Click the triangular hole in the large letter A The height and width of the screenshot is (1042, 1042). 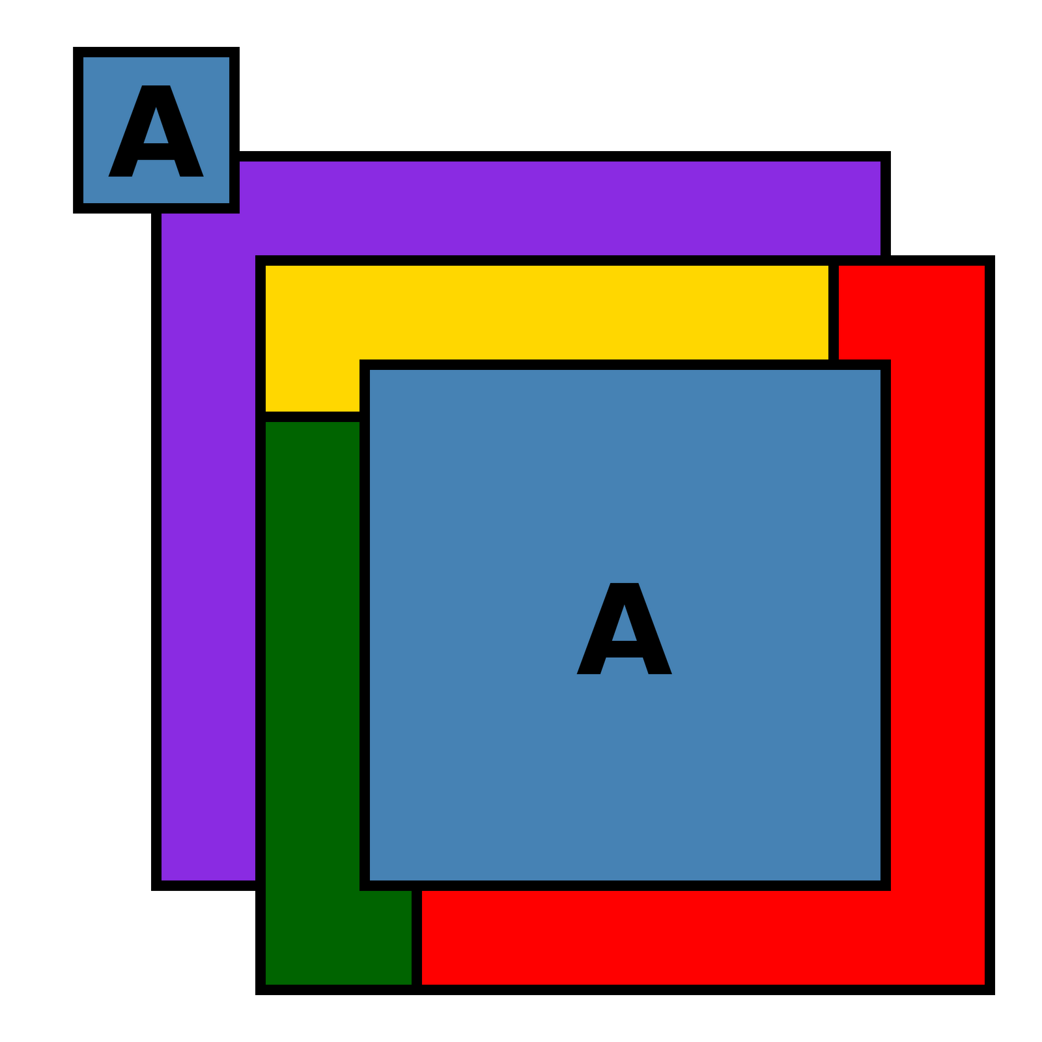tap(624, 625)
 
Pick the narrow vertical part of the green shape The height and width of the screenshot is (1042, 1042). tap(313, 651)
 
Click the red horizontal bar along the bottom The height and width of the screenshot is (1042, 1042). tap(703, 938)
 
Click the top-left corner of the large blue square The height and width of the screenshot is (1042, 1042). tap(374, 374)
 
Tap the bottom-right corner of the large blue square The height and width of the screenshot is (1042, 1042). tap(877, 877)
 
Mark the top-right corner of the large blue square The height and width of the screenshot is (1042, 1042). tap(877, 374)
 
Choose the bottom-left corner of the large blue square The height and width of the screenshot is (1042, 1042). tap(374, 877)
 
